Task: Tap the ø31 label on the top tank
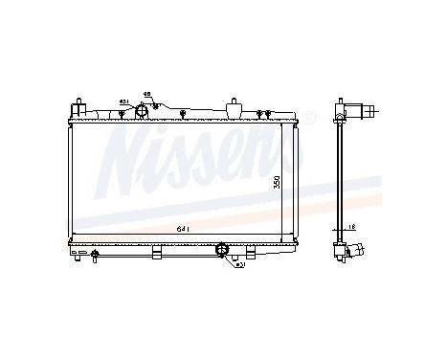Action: click(x=123, y=101)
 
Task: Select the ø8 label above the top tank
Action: click(x=146, y=93)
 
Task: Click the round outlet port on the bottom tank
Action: click(x=222, y=251)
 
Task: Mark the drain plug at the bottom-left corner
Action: click(x=95, y=255)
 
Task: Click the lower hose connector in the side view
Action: click(x=357, y=251)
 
